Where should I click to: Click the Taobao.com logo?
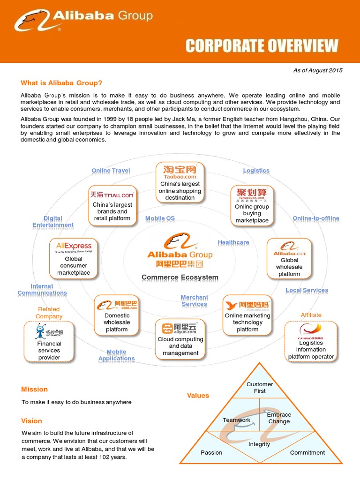click(180, 172)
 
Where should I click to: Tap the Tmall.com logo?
click(112, 195)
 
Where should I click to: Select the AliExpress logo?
click(74, 247)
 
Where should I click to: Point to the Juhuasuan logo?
click(252, 194)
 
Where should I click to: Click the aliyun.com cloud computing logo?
click(180, 329)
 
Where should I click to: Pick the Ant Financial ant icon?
click(41, 331)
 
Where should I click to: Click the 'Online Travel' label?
click(111, 171)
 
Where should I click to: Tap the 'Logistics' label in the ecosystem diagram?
click(256, 171)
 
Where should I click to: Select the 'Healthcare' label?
click(233, 243)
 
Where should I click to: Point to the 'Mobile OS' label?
click(160, 218)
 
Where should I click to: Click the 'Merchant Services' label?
click(194, 301)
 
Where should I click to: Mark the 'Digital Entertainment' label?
click(53, 222)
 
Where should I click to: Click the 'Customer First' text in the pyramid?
click(260, 388)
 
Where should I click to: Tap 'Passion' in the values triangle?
click(211, 453)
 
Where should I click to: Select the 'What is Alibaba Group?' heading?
click(61, 83)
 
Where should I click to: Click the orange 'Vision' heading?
click(31, 421)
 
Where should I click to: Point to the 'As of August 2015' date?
click(318, 70)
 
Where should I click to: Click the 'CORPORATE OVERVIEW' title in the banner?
click(262, 46)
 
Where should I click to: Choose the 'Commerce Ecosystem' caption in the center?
click(180, 277)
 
